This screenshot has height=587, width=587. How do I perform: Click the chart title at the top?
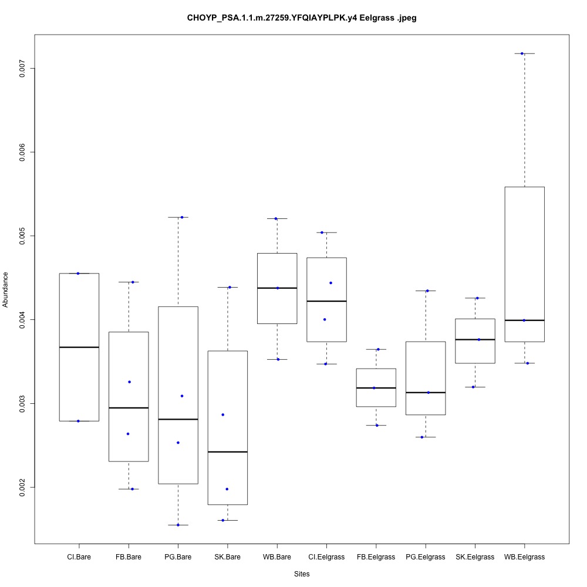pyautogui.click(x=302, y=18)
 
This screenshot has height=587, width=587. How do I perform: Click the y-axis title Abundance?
pyautogui.click(x=6, y=289)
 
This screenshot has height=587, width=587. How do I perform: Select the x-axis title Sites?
pyautogui.click(x=302, y=573)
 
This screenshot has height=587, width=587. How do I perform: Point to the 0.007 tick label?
pyautogui.click(x=23, y=68)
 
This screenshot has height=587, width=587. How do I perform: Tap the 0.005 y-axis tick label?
pyautogui.click(x=23, y=236)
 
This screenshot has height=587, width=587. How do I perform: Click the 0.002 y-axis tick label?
pyautogui.click(x=23, y=487)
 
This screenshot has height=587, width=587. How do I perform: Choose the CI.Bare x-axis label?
pyautogui.click(x=79, y=556)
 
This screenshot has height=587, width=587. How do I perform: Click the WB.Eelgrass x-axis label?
pyautogui.click(x=524, y=556)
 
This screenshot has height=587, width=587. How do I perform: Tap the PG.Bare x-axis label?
pyautogui.click(x=178, y=556)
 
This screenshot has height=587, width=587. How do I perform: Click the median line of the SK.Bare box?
pyautogui.click(x=227, y=452)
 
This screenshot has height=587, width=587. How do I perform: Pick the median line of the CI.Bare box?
pyautogui.click(x=79, y=348)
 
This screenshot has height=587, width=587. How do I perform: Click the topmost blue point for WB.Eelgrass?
pyautogui.click(x=522, y=53)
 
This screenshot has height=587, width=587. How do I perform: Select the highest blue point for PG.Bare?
pyautogui.click(x=182, y=217)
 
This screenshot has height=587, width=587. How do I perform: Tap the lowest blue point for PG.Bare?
pyautogui.click(x=178, y=525)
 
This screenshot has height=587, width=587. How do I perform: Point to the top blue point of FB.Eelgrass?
pyautogui.click(x=378, y=349)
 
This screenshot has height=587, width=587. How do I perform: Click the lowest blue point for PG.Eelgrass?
pyautogui.click(x=422, y=437)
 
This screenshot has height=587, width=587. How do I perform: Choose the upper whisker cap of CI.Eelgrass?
pyautogui.click(x=326, y=232)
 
